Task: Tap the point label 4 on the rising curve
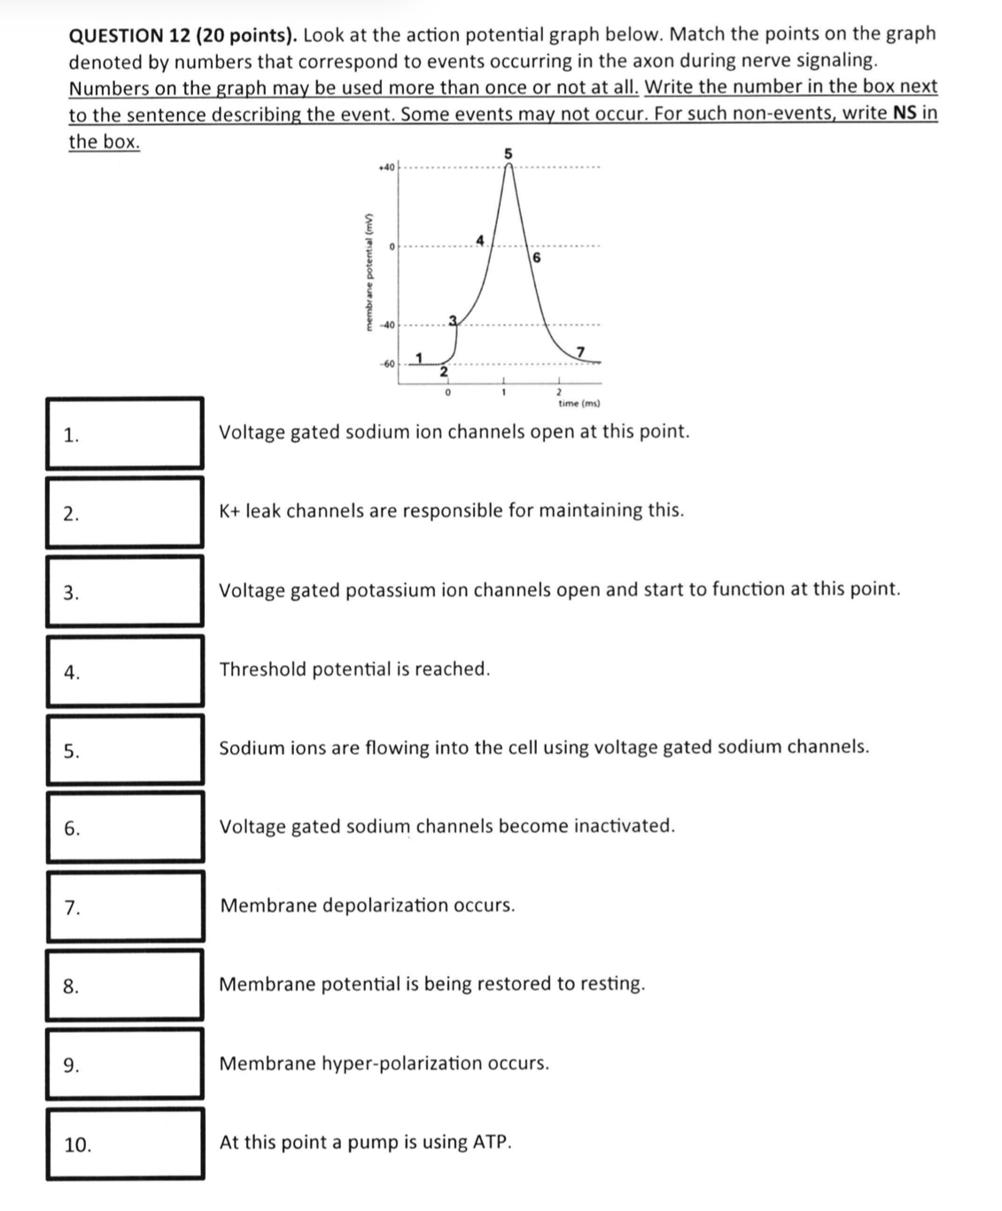pos(480,239)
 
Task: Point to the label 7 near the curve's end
pos(580,353)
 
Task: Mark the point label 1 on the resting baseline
pos(420,356)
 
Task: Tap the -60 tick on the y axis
pos(386,363)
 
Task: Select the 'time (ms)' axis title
pos(579,404)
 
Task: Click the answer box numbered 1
pos(125,433)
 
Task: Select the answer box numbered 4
pos(125,671)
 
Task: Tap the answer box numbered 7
pos(125,906)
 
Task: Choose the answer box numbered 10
pos(125,1144)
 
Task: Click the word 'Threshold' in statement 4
pos(261,669)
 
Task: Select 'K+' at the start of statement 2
pos(230,510)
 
